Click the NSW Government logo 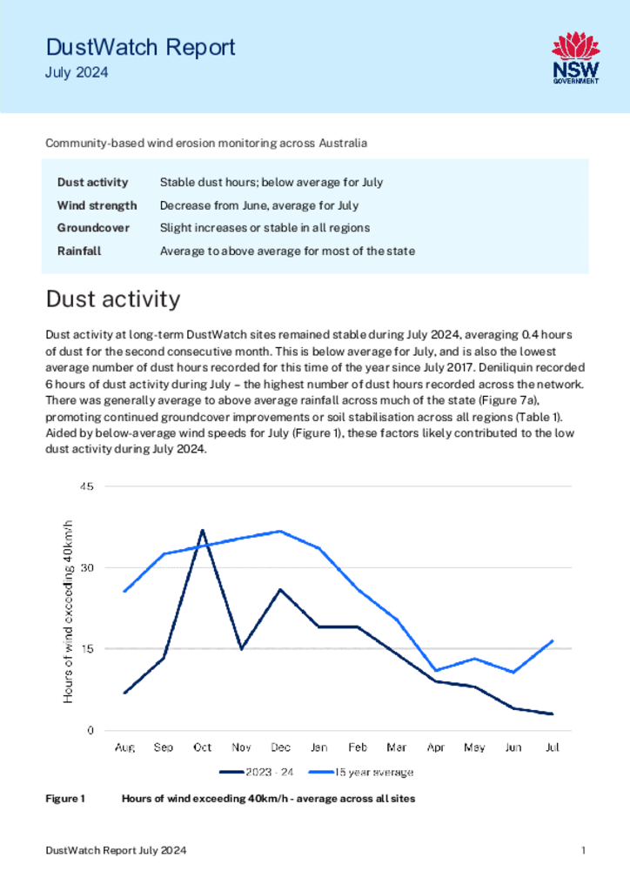pos(576,58)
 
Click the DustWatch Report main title pos(140,47)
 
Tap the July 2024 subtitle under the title pos(77,73)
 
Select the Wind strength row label pos(97,205)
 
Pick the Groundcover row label pos(93,228)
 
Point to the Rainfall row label pos(79,251)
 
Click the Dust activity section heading pos(113,299)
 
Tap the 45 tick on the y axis pos(88,486)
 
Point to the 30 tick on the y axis pos(88,567)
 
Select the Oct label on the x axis pos(202,747)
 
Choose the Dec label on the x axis pos(281,747)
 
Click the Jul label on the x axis pos(553,747)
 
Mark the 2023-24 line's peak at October pos(202,530)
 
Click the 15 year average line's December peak pos(280,532)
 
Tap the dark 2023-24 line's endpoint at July pos(552,713)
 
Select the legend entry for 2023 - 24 pos(257,773)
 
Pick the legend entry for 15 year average pos(361,773)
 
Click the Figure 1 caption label pos(65,799)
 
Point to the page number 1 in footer pos(583,851)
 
